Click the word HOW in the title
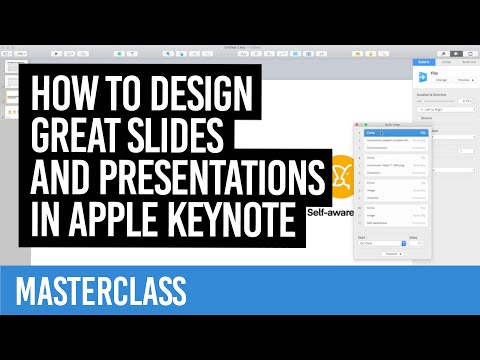61,97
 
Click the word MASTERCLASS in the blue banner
102,290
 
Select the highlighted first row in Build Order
393,132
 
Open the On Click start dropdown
379,242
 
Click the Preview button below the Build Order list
393,254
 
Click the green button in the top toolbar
120,52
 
